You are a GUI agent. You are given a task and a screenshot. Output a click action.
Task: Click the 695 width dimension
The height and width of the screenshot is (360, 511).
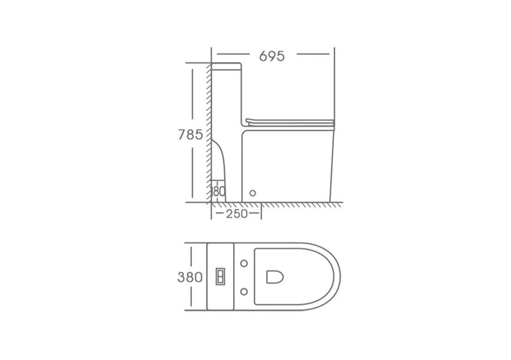272,57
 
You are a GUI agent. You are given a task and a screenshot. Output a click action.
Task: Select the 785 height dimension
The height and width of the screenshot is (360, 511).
191,134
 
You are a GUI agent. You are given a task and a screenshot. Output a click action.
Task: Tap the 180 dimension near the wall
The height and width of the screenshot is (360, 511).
218,191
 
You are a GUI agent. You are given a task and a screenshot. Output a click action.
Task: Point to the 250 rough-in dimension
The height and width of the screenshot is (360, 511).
237,214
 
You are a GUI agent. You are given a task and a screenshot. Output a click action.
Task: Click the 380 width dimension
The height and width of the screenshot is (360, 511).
189,277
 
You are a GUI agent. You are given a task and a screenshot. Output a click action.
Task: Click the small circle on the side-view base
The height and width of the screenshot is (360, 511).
253,193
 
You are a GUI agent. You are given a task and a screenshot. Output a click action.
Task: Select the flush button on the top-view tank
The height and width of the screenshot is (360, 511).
220,277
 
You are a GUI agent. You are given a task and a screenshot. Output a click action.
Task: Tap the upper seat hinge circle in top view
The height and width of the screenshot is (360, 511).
244,263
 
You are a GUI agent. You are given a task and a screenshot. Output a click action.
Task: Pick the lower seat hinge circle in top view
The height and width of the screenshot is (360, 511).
244,292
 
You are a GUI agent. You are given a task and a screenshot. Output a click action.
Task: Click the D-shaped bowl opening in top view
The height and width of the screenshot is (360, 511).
275,277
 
